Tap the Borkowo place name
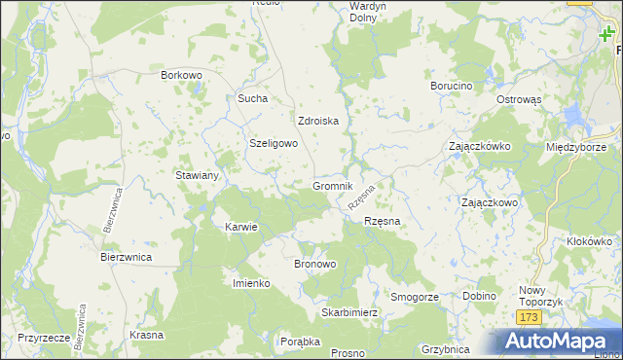pos(181,74)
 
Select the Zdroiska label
pos(317,122)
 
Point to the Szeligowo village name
pos(274,143)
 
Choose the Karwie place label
pos(240,227)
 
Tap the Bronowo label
pos(314,264)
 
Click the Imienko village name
pos(250,282)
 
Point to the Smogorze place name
pos(415,296)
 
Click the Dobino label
pos(479,296)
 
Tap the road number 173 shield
pos(529,318)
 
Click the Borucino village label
pos(451,86)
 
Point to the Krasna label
pos(145,334)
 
